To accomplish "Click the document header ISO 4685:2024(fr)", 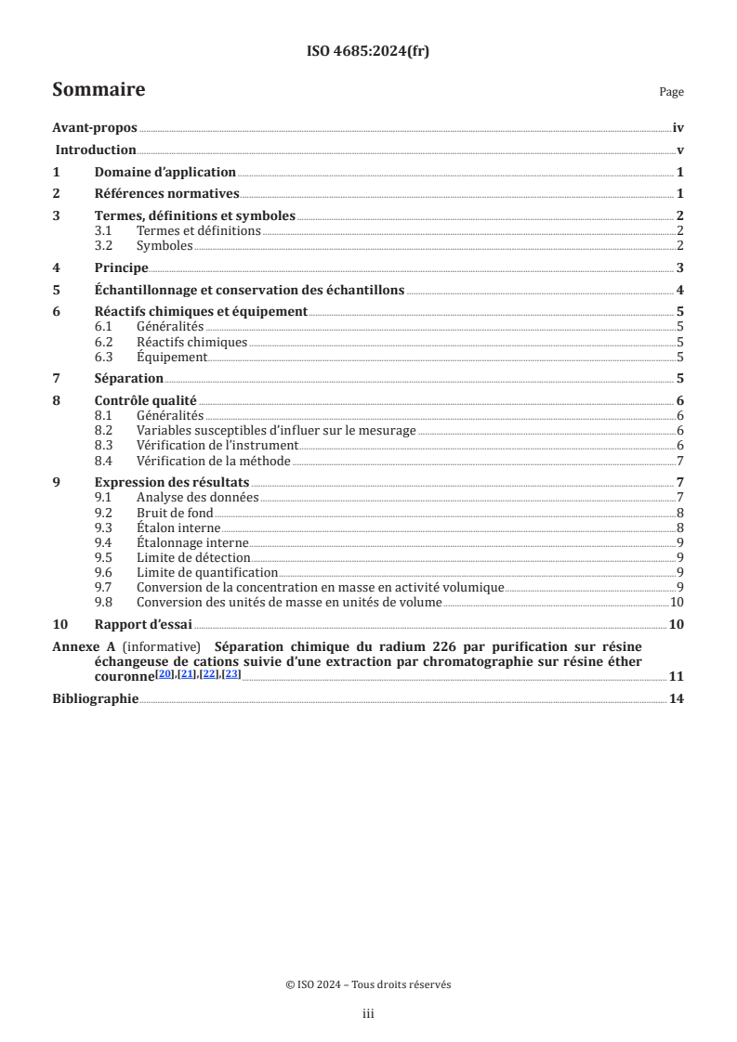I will click(368, 52).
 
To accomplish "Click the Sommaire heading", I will click(99, 90).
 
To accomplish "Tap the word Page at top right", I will click(671, 92).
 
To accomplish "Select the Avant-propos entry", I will click(95, 129).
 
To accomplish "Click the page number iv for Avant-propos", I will click(678, 129).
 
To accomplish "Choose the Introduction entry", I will click(97, 150).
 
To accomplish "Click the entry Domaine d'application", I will click(165, 172).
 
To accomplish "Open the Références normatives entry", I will click(167, 194).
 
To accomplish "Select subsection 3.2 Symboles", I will click(165, 246).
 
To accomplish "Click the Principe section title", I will click(122, 267).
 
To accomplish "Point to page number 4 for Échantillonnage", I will click(680, 290).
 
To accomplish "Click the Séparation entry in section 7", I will click(129, 378).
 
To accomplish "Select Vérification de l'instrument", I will click(217, 446).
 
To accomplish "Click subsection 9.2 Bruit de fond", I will click(175, 513).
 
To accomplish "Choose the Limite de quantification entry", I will click(207, 572).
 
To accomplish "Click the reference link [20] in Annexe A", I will click(164, 673).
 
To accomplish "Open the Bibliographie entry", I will click(95, 698).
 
